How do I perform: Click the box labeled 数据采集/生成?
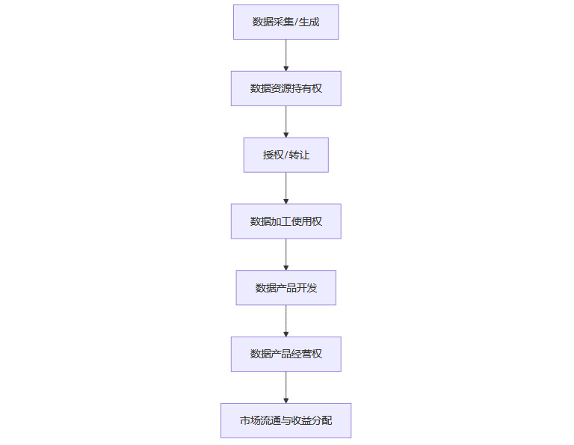(286, 22)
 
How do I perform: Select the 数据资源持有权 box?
(286, 88)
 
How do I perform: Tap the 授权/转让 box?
(286, 155)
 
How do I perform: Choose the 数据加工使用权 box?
(286, 221)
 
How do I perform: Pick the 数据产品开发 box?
(286, 288)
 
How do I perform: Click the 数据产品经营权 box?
(286, 354)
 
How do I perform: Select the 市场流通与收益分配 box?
(286, 420)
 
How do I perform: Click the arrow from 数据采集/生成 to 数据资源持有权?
(286, 55)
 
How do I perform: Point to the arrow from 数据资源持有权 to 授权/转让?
(286, 122)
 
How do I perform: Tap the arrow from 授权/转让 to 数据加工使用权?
(286, 188)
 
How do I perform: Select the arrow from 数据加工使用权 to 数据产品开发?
(286, 254)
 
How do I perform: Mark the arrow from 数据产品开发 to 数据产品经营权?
(286, 321)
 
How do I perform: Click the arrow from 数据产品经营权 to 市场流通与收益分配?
(286, 387)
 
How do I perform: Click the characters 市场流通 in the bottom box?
(260, 420)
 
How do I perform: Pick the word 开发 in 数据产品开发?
(306, 288)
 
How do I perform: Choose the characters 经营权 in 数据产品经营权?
(306, 354)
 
